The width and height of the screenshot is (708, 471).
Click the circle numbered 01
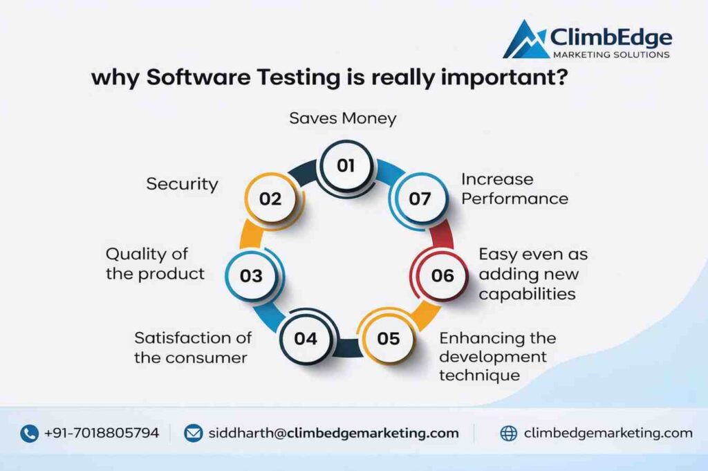[345, 165]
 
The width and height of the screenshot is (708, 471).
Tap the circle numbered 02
[270, 199]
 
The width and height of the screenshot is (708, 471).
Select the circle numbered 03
[251, 275]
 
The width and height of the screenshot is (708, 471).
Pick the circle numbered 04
[305, 338]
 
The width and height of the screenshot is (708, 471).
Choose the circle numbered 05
[389, 338]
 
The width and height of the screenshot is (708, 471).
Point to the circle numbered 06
[442, 275]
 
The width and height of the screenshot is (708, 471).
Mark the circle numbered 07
[420, 199]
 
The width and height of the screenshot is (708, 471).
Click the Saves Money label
[343, 118]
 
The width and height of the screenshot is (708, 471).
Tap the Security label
[183, 184]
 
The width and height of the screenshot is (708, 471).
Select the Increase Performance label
[514, 189]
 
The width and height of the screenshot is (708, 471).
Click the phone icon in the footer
[29, 434]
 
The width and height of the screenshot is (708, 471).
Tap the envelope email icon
[193, 434]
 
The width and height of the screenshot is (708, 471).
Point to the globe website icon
[509, 434]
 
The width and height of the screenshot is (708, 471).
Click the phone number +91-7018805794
[101, 434]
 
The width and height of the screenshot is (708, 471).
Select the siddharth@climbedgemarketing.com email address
[333, 434]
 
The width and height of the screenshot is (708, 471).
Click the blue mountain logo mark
[525, 40]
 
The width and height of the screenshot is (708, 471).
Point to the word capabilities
[527, 294]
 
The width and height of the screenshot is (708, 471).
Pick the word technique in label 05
[479, 376]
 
